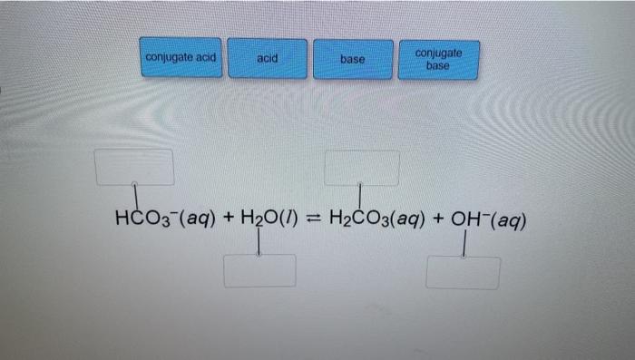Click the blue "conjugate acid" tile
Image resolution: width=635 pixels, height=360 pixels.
[x=181, y=57]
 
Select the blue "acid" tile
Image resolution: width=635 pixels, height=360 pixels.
[x=267, y=58]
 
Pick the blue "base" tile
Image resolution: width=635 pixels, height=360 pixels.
[x=353, y=59]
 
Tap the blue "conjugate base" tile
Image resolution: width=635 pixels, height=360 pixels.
[x=438, y=59]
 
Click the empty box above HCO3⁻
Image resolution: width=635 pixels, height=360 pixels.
[x=134, y=167]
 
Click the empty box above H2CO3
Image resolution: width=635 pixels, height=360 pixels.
[x=362, y=167]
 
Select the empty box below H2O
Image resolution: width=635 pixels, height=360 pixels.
[x=259, y=270]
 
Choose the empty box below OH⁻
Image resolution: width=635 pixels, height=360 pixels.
[x=463, y=272]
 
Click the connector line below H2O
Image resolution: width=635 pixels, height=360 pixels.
[x=259, y=241]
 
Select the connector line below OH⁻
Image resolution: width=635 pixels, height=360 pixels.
[x=464, y=244]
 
